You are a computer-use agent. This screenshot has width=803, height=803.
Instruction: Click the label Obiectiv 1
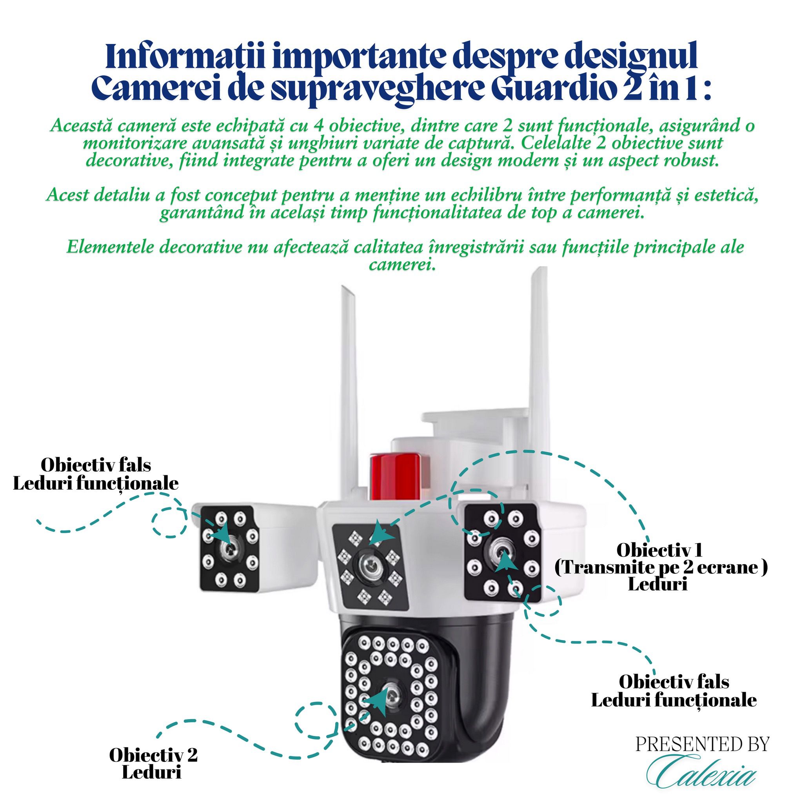[659, 550]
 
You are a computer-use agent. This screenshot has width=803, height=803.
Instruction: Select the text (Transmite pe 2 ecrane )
[661, 567]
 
